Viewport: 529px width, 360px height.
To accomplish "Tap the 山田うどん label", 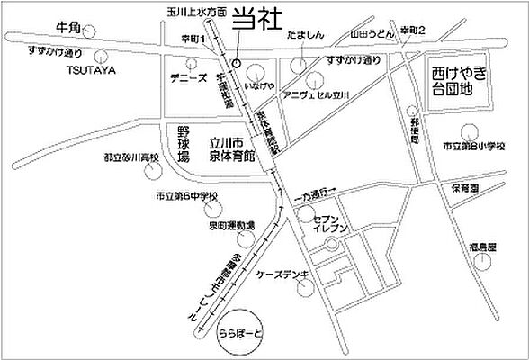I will (x=368, y=31).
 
